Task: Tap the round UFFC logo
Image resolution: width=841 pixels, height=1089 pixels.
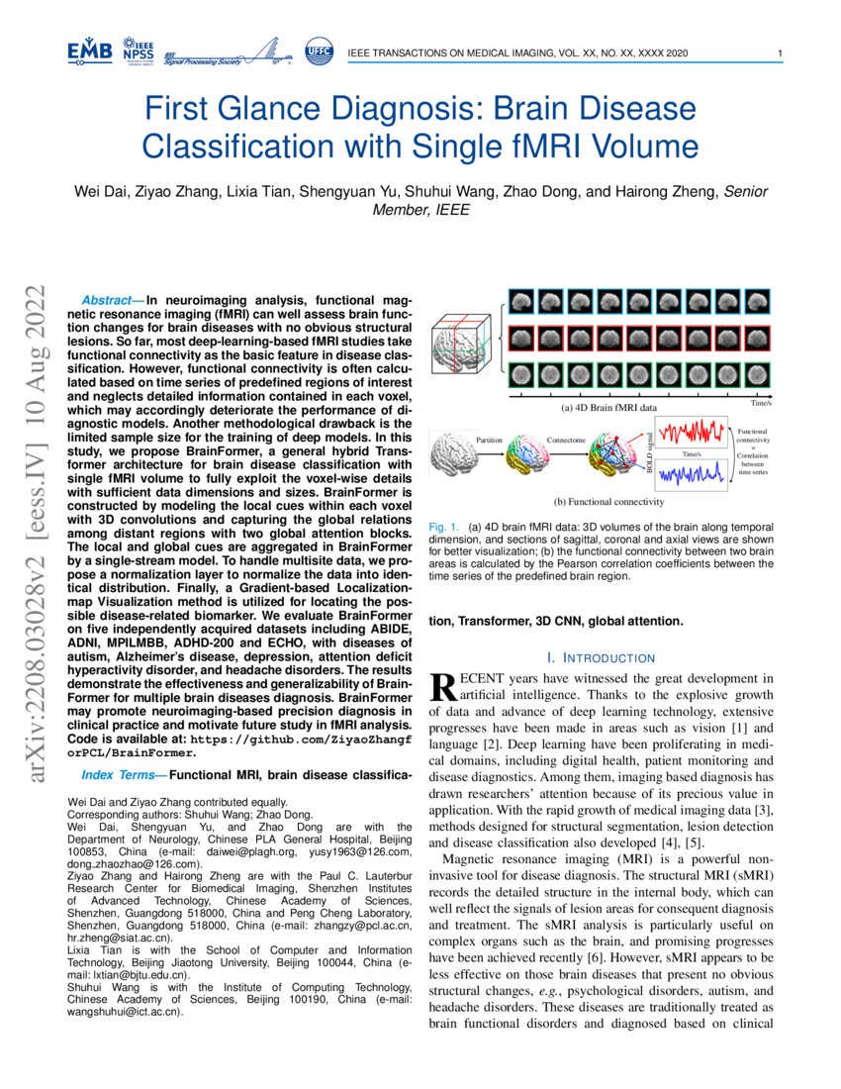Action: pos(318,51)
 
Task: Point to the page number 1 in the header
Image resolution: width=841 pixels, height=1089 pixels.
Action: pos(781,52)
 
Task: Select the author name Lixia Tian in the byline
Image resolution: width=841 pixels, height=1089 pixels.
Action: pos(279,191)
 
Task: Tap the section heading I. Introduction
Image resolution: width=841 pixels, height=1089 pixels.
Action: pos(601,657)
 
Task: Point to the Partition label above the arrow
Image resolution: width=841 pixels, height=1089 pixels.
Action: pos(489,438)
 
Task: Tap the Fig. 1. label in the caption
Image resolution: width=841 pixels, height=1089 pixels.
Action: pos(445,527)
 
